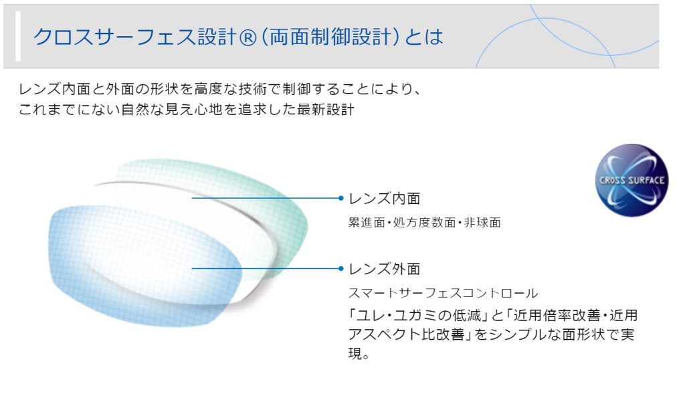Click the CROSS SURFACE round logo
[x=631, y=180]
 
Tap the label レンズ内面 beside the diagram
[x=385, y=199]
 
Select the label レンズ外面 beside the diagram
[x=385, y=269]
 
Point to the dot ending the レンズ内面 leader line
[x=341, y=198]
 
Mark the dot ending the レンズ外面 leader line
[x=341, y=268]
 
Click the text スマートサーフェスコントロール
[x=443, y=293]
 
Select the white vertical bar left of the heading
[x=18, y=36]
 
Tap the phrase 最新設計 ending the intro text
[x=326, y=109]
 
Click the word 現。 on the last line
[x=359, y=353]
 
